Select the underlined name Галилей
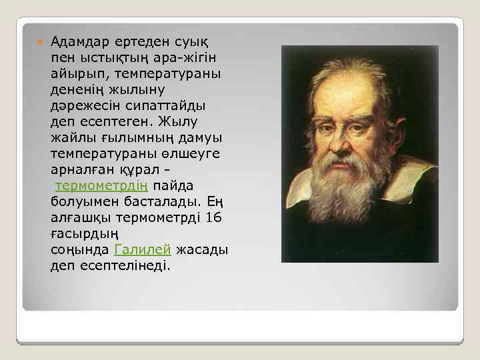(143, 250)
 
